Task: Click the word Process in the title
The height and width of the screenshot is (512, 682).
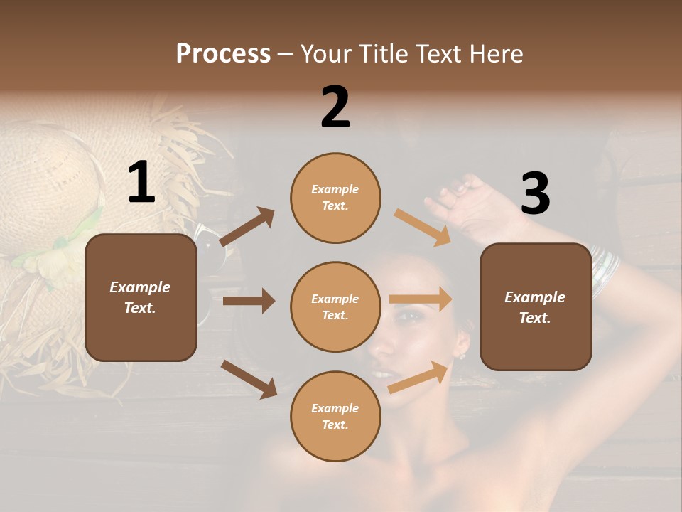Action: click(223, 53)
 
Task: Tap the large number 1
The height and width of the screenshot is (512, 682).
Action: click(141, 183)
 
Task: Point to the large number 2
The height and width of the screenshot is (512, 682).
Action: click(335, 107)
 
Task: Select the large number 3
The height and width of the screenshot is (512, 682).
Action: click(535, 193)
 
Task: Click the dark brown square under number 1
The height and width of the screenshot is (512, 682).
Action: click(141, 297)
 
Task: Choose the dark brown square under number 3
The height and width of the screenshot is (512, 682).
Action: click(536, 306)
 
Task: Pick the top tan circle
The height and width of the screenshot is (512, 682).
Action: click(335, 198)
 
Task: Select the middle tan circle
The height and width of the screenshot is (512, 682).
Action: click(335, 306)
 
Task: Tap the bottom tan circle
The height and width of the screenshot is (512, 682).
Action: click(335, 416)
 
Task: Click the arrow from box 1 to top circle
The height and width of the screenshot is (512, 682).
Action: click(247, 226)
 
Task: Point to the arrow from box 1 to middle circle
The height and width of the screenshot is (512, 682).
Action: click(249, 301)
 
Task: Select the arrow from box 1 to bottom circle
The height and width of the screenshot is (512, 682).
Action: click(249, 378)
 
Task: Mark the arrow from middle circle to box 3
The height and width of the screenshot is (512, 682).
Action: click(421, 299)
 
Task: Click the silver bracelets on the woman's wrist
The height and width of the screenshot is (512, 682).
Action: click(605, 269)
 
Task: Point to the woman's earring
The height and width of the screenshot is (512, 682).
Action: click(462, 353)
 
